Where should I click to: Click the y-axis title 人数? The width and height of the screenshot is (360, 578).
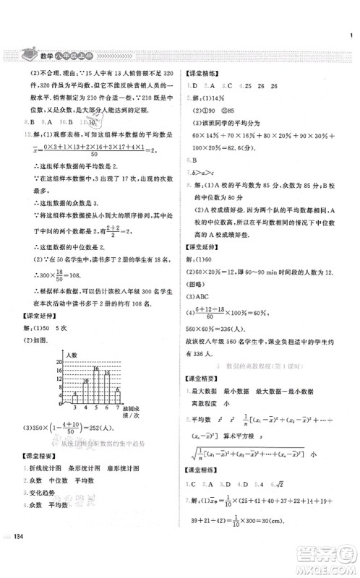point(70,355)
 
